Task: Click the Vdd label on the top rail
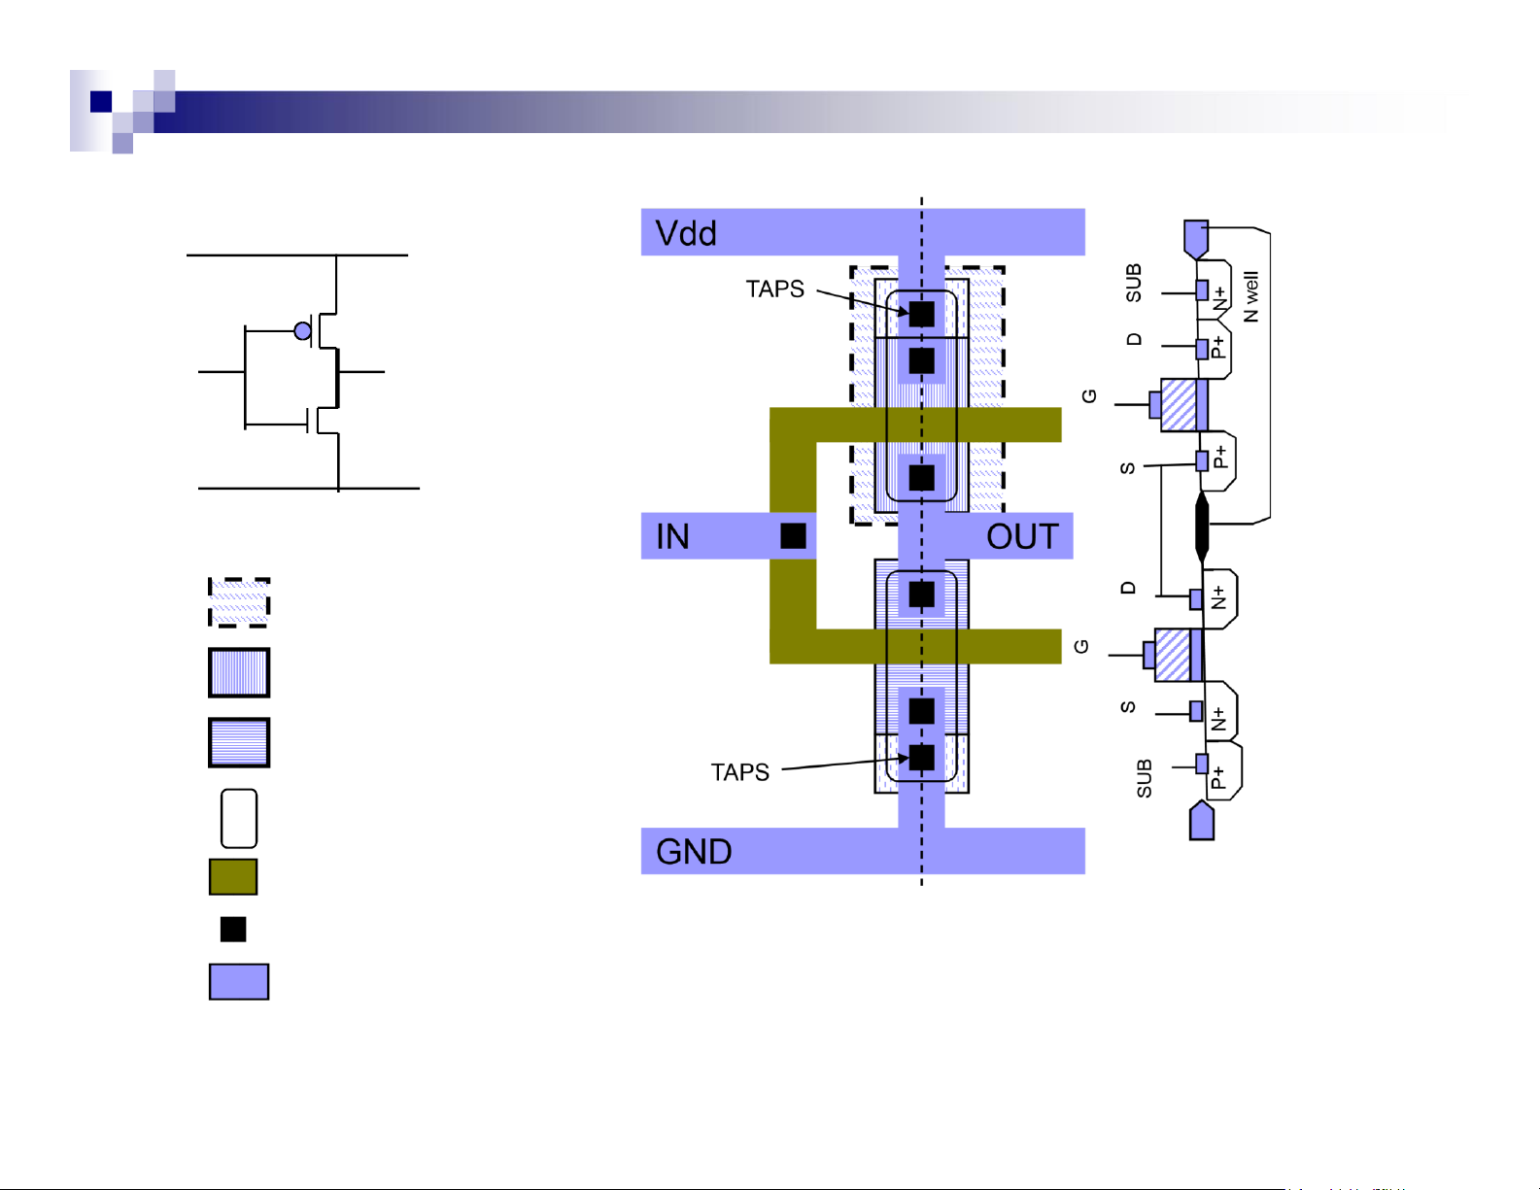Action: [685, 233]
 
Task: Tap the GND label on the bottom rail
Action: [694, 851]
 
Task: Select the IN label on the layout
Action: [672, 536]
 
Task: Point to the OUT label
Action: [1023, 536]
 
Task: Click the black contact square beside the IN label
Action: [793, 536]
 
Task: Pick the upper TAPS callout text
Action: [774, 289]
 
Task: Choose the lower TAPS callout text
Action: [740, 772]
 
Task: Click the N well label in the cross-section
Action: [1250, 297]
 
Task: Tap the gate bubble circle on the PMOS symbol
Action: [302, 331]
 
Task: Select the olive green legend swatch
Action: [233, 877]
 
